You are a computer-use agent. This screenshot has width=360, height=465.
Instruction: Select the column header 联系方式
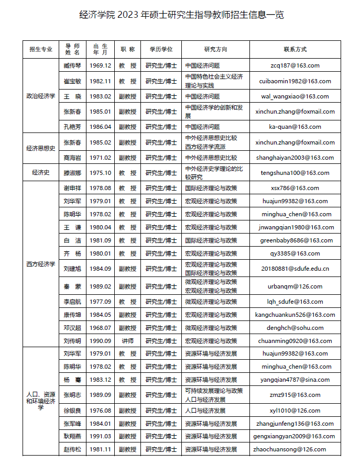point(295,49)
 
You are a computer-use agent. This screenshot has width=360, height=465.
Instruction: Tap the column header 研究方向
point(215,49)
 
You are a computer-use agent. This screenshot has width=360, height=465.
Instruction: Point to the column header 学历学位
point(161,49)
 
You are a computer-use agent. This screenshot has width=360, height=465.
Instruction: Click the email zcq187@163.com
point(295,66)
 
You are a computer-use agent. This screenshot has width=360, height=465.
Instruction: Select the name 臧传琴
point(72,66)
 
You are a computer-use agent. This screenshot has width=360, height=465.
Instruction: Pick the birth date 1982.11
point(100,81)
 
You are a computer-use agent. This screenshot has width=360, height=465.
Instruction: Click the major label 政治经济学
point(41,96)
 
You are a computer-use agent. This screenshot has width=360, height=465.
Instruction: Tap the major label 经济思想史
point(41,148)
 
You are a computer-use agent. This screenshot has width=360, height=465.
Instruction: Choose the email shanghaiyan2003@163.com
point(295,158)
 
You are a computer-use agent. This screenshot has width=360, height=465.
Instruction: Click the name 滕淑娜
point(72,173)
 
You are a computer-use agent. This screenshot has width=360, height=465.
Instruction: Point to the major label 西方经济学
point(41,264)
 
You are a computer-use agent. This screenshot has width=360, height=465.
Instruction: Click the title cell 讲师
point(127,340)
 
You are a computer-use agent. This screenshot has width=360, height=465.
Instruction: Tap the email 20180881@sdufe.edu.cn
point(295,269)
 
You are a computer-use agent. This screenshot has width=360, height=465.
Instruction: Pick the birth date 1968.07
point(100,328)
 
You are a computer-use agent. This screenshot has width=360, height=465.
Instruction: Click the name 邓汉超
point(72,328)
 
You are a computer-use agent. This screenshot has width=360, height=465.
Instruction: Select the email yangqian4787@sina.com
point(295,380)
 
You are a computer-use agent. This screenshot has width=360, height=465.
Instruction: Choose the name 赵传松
point(72,449)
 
